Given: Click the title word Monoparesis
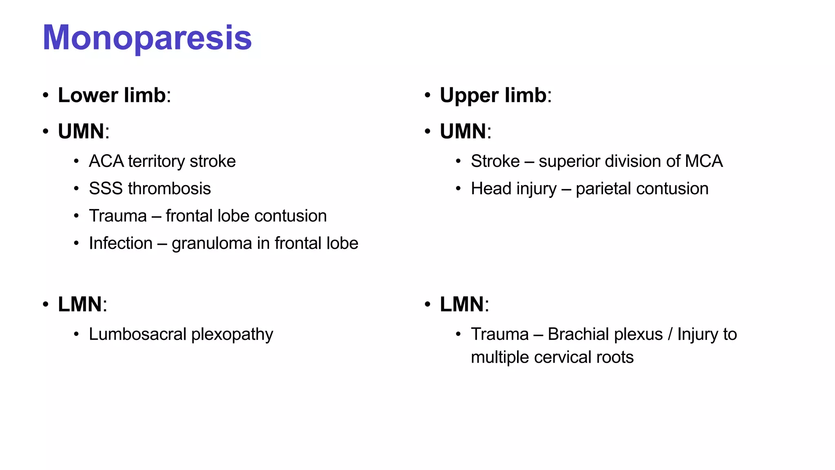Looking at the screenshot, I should (x=147, y=38).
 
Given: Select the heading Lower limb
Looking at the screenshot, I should (x=112, y=95).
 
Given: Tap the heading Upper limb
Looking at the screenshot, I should (x=493, y=95).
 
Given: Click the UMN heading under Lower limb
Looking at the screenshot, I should (x=81, y=131).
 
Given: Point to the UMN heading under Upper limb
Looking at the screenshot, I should (x=463, y=131).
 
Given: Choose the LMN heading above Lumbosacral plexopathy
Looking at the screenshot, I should (x=80, y=304).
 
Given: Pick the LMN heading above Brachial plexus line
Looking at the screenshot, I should (x=462, y=304).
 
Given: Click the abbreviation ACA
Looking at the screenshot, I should (x=106, y=161).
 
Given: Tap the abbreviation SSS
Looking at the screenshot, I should (x=106, y=188).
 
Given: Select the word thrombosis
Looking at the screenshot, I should (x=169, y=188).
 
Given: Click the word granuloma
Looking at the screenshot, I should (x=212, y=244).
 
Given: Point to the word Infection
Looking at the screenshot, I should (x=121, y=243).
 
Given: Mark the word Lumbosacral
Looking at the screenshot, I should (x=137, y=334).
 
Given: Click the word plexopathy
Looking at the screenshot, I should (x=232, y=335).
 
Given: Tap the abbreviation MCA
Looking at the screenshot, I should (x=704, y=161).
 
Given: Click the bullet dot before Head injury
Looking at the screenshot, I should (x=458, y=189).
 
